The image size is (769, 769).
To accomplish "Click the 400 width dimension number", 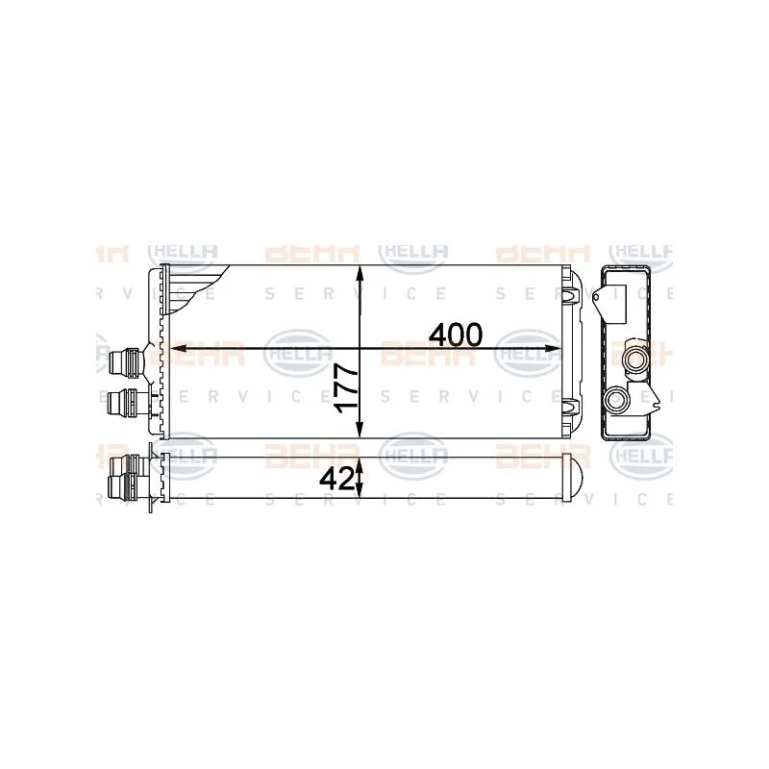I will click(x=456, y=335).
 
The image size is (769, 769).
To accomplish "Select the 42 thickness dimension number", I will click(x=337, y=478).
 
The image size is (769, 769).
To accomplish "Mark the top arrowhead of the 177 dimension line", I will click(x=360, y=272).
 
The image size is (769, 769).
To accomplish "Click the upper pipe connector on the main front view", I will click(x=125, y=362).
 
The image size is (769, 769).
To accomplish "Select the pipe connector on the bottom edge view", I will click(x=124, y=477).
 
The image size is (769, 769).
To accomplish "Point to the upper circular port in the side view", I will click(x=635, y=360).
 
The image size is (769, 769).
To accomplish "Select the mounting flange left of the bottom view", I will click(x=155, y=478).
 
